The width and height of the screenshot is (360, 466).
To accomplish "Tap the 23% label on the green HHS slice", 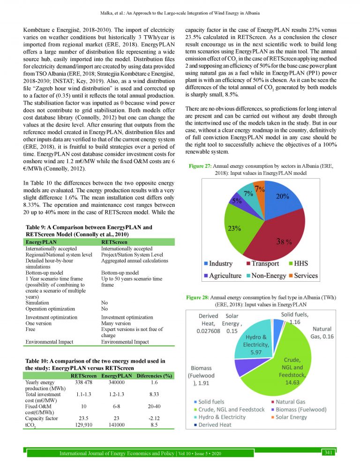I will [x=234, y=229].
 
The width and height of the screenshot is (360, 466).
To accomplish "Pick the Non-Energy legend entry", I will [x=267, y=276].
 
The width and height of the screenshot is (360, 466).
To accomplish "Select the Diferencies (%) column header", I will [x=153, y=376].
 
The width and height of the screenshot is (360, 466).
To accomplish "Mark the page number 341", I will [x=328, y=452].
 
